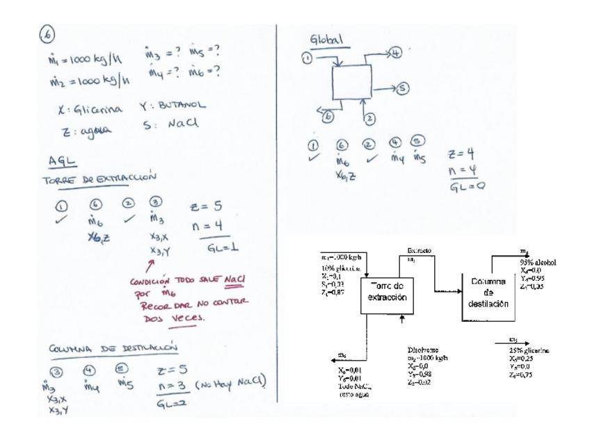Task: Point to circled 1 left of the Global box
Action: pyautogui.click(x=306, y=58)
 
